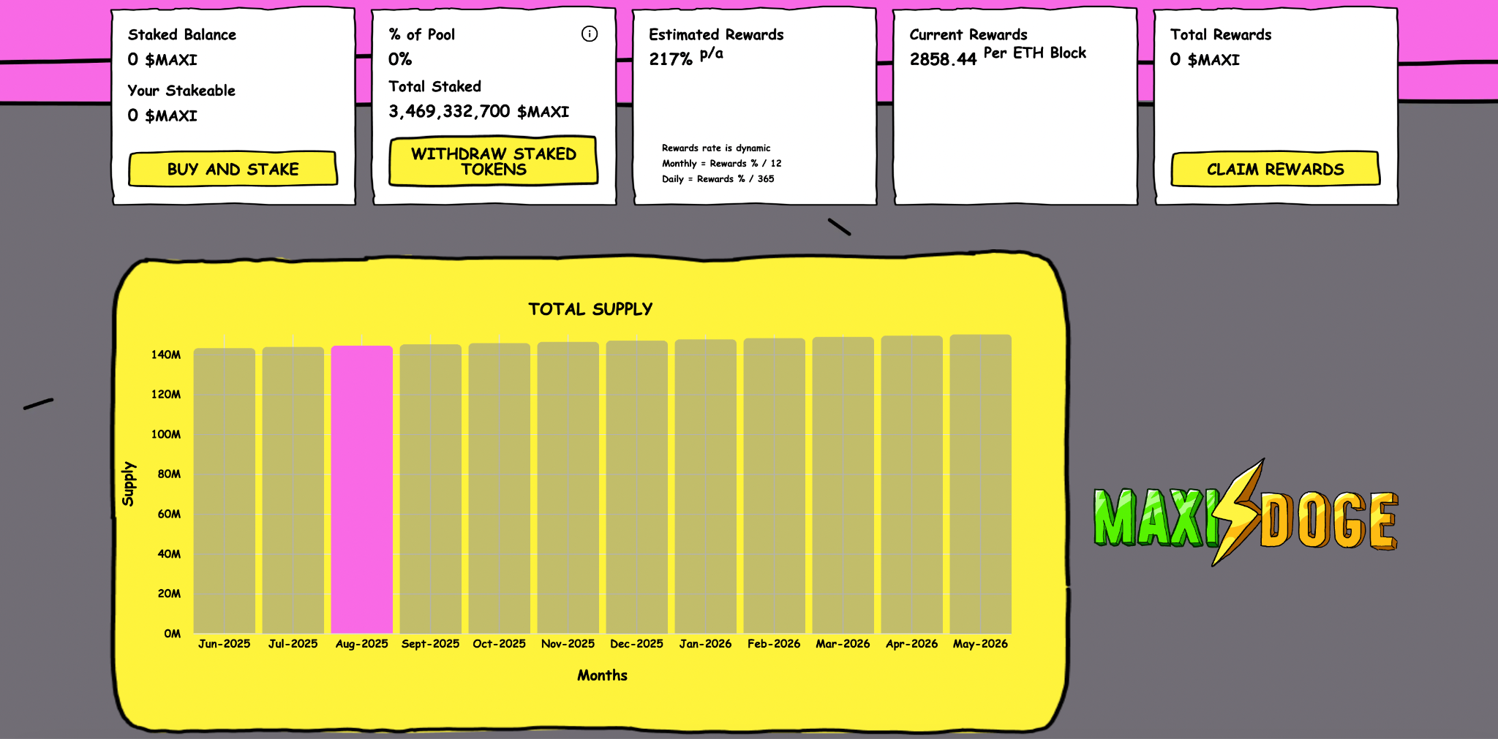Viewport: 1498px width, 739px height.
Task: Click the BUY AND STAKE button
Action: coord(233,169)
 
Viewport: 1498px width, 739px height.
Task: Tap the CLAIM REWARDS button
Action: coord(1275,169)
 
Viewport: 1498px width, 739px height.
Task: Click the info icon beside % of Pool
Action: coord(590,34)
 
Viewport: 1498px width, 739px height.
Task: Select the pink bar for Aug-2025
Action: coord(361,490)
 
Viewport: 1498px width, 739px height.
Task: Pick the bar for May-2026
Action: coord(980,484)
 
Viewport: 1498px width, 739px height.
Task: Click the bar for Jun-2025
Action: coord(224,490)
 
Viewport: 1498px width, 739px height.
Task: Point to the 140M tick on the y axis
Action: coord(166,355)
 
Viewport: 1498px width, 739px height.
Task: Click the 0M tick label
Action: coord(173,634)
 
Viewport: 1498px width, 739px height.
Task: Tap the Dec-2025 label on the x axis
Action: coord(636,644)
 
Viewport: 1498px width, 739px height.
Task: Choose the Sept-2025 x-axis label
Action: coord(430,644)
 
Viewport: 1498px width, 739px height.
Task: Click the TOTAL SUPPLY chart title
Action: coord(590,309)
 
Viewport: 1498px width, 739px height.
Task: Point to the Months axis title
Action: coord(602,675)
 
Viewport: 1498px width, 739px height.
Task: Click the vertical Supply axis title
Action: coord(129,484)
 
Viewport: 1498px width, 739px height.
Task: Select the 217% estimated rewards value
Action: coord(671,59)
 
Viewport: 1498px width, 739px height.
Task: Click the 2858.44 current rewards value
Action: coord(943,59)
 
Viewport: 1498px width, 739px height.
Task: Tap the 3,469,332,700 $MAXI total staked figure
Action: coord(478,112)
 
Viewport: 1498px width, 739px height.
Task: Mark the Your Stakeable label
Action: coord(181,91)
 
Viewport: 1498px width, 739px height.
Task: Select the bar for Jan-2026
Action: coord(705,486)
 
